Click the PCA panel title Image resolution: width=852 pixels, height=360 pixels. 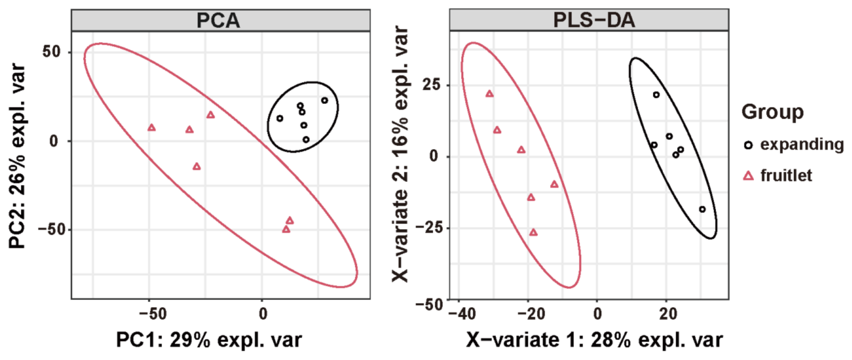pos(218,20)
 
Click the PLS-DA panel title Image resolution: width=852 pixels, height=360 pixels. pos(594,20)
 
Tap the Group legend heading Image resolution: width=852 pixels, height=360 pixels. pos(772,112)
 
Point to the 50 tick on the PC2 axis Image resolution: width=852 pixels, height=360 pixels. pos(52,52)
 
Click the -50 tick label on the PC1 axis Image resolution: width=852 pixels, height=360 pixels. pos(153,314)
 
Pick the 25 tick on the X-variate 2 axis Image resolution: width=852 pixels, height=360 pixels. pos(431,85)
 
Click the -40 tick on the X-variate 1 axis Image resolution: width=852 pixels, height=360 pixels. pos(463,314)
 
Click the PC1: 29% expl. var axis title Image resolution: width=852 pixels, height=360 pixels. pos(209,340)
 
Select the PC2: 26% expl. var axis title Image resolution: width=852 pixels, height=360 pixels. pos(17,156)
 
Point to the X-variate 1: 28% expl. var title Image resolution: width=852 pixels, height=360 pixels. pos(594,340)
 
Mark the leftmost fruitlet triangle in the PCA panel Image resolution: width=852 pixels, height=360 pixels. pos(152,127)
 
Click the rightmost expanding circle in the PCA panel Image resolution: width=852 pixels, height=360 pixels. pos(325,100)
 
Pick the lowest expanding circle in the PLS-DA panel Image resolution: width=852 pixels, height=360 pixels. pos(702,209)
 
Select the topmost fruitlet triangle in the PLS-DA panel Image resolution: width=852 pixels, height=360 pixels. pos(489,94)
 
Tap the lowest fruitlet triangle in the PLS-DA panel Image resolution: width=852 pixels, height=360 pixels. pos(534,232)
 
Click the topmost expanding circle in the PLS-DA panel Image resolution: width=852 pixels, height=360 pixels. pos(656,95)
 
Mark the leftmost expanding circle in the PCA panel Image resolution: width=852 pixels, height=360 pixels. pos(280,118)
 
